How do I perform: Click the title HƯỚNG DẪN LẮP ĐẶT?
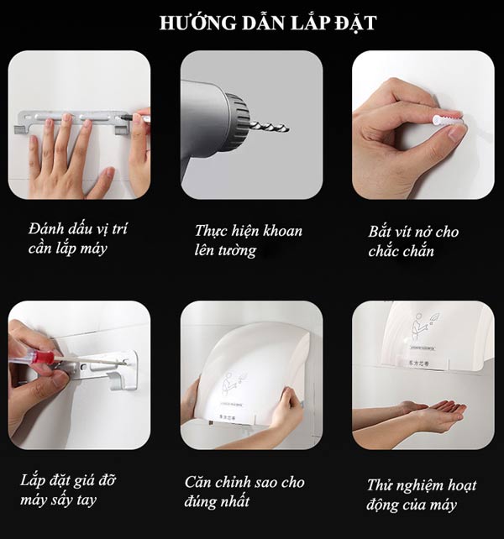pyautogui.click(x=267, y=23)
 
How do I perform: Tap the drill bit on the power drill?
pyautogui.click(x=269, y=127)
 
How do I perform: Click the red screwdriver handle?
pyautogui.click(x=42, y=357)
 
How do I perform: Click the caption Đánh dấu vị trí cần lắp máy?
pyautogui.click(x=77, y=238)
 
